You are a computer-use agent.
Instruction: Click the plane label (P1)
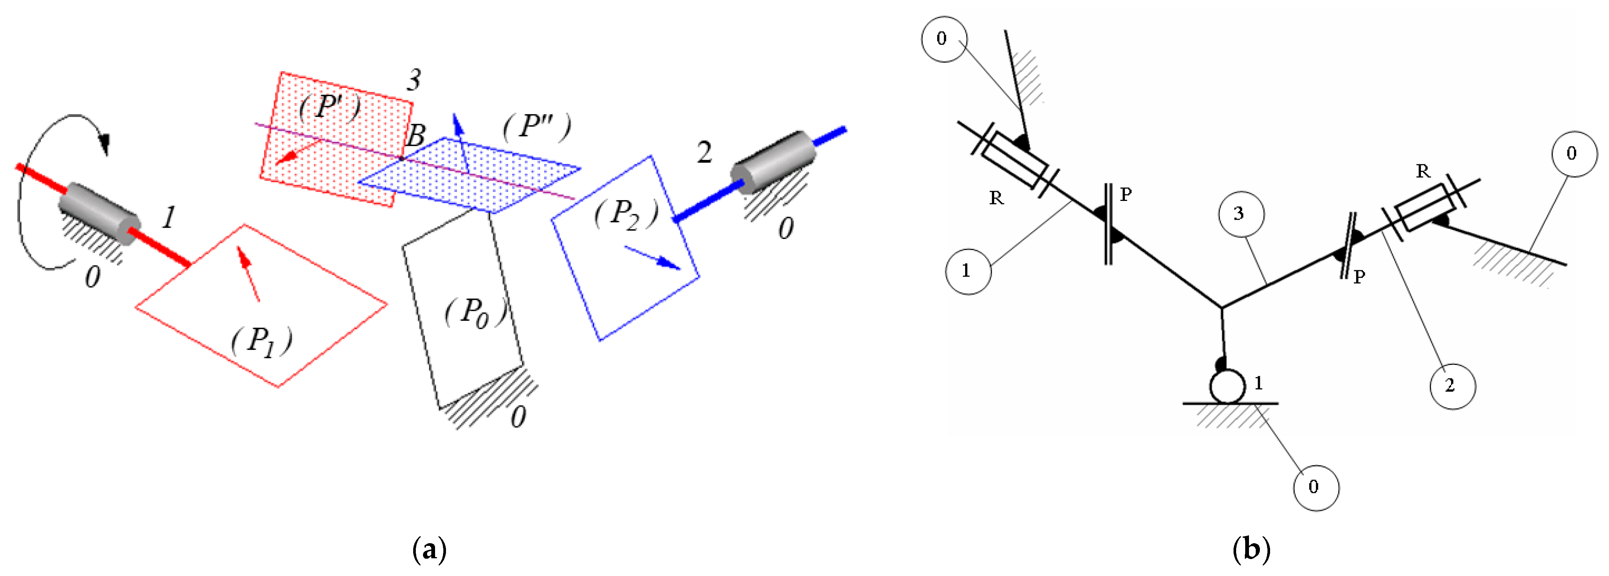262,342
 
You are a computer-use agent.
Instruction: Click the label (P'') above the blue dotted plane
536,126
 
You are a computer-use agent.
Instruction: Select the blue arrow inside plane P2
652,257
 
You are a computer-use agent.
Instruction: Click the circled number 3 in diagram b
1241,214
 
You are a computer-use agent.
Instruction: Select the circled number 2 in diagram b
1452,386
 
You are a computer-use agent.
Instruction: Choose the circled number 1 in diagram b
968,271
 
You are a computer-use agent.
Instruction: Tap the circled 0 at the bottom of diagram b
1315,487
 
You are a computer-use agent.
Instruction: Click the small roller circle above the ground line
1227,387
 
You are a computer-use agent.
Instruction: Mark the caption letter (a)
430,550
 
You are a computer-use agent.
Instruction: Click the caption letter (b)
1251,550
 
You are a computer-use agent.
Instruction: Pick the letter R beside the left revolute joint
996,198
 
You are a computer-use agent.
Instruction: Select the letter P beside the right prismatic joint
1359,276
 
